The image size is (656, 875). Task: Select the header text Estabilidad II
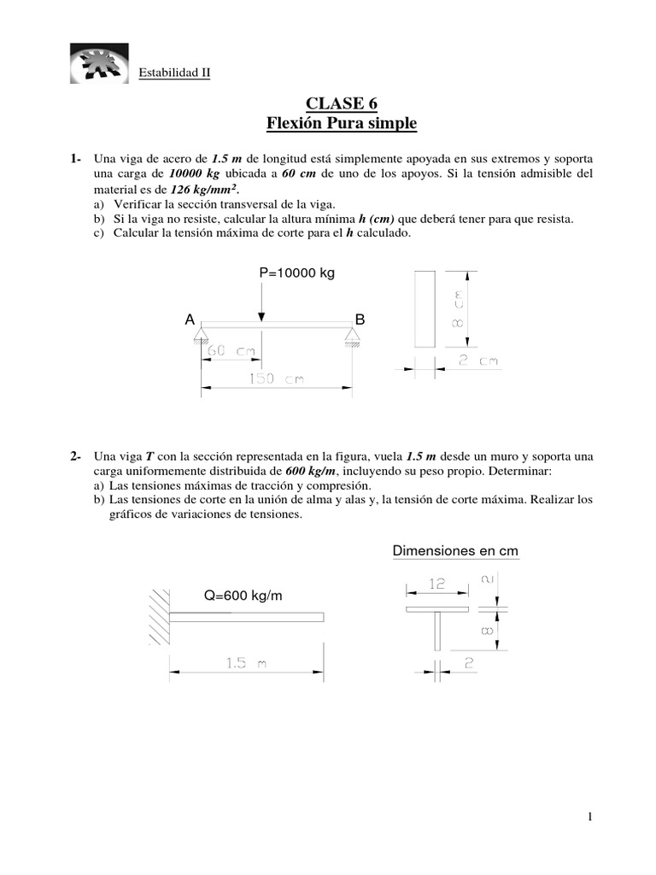click(x=174, y=73)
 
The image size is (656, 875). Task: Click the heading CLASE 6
click(x=342, y=104)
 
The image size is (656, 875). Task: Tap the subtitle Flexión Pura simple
click(x=342, y=125)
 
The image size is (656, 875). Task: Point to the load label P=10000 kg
click(x=297, y=273)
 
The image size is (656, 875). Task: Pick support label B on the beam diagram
click(x=360, y=320)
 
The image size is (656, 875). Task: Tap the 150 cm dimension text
click(x=276, y=379)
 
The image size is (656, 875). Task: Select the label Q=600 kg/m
click(x=243, y=596)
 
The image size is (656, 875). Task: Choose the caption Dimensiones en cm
click(x=455, y=551)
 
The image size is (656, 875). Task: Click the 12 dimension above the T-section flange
click(x=436, y=584)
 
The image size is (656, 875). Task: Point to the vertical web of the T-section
click(x=437, y=634)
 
